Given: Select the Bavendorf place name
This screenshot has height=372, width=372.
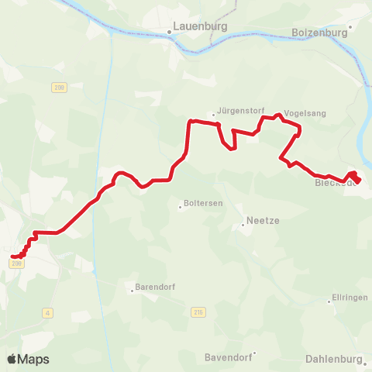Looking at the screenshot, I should click(x=227, y=357).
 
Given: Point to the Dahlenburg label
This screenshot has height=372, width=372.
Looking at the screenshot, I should click(x=334, y=359).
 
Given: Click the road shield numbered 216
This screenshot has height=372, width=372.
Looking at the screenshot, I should click(x=198, y=312).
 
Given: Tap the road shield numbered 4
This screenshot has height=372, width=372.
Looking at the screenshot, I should click(x=48, y=312).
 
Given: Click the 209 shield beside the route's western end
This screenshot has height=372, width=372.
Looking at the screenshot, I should click(x=17, y=264).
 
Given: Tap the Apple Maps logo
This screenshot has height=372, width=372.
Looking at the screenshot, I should click(x=28, y=359).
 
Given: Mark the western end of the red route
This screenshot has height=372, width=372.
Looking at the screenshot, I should click(x=13, y=257).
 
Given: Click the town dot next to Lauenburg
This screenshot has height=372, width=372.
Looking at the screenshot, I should click(x=169, y=32).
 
